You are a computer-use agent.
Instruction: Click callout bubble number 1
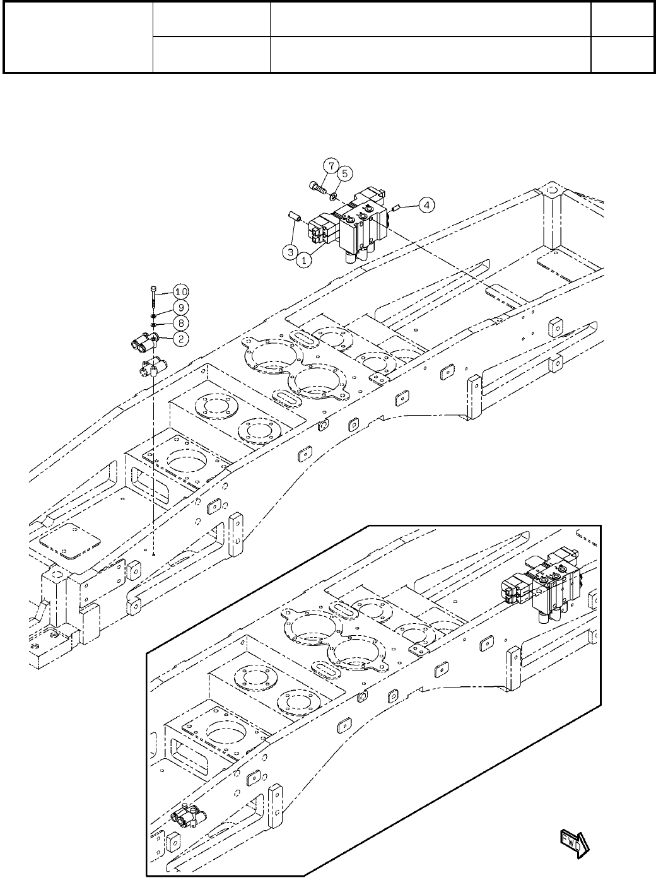(x=304, y=261)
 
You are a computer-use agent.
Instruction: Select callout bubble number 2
(x=181, y=339)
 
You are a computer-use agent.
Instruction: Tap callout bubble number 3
(x=290, y=252)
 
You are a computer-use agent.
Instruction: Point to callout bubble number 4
(x=426, y=205)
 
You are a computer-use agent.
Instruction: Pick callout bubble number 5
(x=344, y=173)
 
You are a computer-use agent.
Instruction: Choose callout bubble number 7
(x=331, y=165)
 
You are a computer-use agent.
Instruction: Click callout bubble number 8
(x=181, y=323)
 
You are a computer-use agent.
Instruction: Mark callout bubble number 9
(x=181, y=308)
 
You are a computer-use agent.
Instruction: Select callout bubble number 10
(x=181, y=292)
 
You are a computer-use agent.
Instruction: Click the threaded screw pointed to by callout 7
(x=318, y=187)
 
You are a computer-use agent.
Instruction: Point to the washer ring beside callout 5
(x=333, y=195)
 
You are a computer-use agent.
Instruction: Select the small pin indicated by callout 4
(x=395, y=208)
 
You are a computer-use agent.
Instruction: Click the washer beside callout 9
(x=153, y=317)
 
